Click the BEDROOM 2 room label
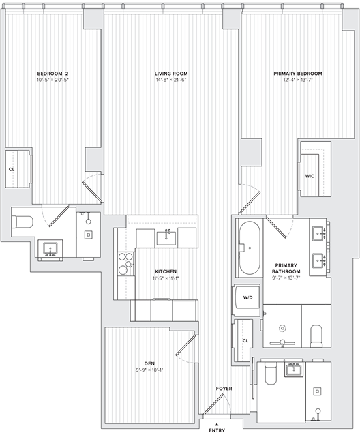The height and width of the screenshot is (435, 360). pos(53,73)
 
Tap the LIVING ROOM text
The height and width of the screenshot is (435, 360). pos(170,73)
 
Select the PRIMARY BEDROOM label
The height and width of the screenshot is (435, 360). pos(298,73)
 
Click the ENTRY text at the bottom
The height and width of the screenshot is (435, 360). pos(217,430)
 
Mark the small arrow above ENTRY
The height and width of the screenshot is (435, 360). pos(217,423)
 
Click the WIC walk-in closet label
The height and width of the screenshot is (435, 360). pos(310,176)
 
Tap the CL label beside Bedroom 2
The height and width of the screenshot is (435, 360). pos(12,169)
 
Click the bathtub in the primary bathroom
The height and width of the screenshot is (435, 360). pos(250,247)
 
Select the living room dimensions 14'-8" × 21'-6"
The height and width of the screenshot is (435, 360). pos(170,80)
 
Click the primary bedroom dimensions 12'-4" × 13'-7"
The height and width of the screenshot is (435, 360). pos(298,80)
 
